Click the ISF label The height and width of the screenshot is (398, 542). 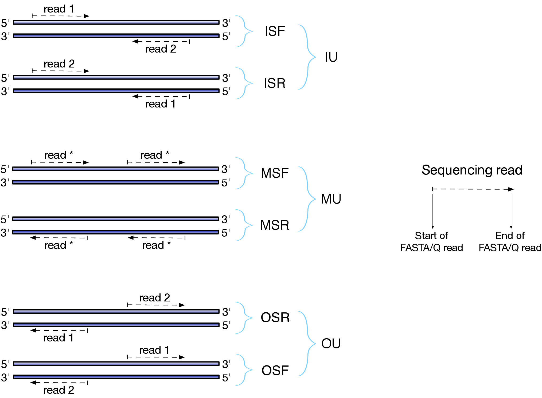coord(275,31)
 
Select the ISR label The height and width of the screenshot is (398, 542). coord(275,83)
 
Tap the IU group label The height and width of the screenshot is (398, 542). coord(331,57)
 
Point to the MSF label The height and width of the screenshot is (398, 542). coord(275,173)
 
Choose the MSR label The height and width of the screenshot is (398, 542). coord(275,225)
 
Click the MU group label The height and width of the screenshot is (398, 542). coord(331,199)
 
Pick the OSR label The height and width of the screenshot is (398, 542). coord(275,317)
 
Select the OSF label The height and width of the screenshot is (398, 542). coord(275,371)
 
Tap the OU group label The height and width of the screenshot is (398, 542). coord(331,344)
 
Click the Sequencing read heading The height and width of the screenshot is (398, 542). coord(472,170)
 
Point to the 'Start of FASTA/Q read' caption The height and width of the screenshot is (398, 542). coord(431,242)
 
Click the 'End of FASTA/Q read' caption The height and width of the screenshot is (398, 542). coord(510,242)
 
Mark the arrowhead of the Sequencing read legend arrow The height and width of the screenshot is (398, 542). coord(511,189)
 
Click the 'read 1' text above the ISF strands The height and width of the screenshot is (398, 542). coord(59,9)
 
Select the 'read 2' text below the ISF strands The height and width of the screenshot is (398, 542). coord(161,49)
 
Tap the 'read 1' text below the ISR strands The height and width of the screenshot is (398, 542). coord(160,104)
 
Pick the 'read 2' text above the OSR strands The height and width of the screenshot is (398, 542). coord(154,298)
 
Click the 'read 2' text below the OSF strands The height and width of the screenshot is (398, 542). coord(59,390)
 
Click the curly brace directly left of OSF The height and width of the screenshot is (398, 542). coord(244,370)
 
